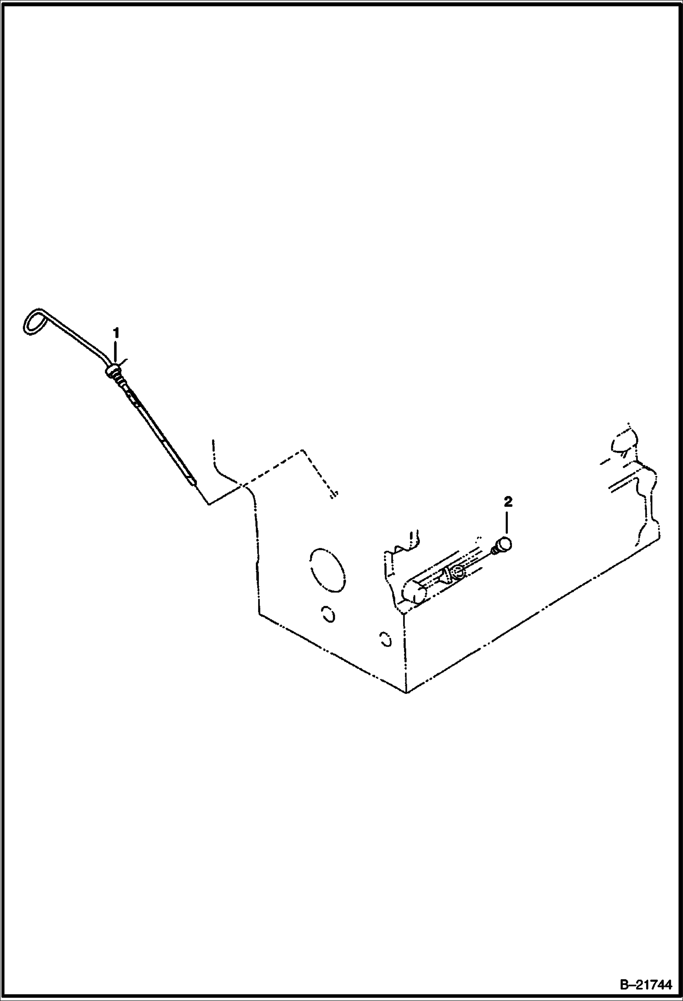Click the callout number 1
point(116,333)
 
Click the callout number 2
point(508,502)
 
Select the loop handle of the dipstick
point(34,322)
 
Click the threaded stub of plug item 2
point(494,552)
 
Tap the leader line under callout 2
point(508,523)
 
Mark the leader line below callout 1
point(116,352)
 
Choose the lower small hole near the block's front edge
point(386,640)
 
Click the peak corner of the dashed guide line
point(302,450)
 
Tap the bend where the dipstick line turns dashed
point(209,503)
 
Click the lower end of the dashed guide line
point(334,495)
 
